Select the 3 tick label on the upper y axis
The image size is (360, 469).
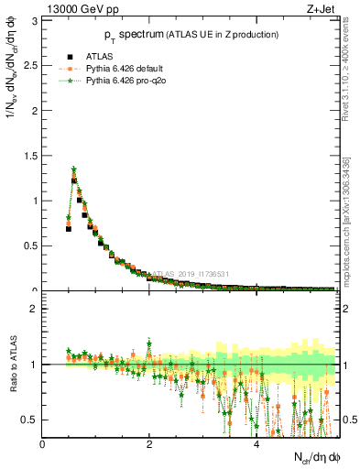click(x=35, y=21)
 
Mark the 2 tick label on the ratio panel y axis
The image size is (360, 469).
click(x=35, y=309)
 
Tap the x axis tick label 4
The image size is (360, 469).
click(x=256, y=443)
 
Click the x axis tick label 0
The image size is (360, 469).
click(x=43, y=443)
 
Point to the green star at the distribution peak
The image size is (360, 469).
click(x=74, y=169)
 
